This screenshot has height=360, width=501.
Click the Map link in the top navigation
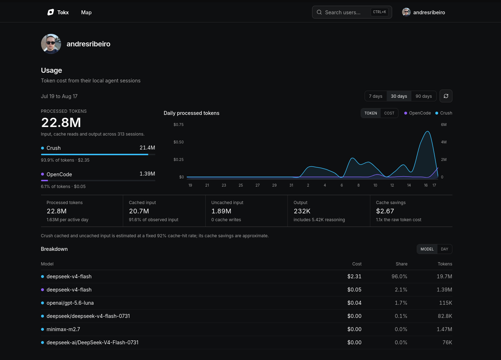[86, 12]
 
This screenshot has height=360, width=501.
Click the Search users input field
[352, 12]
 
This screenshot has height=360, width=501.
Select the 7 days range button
[376, 96]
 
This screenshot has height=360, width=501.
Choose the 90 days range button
[424, 96]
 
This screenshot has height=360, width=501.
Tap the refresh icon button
[446, 96]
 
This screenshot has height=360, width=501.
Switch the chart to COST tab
[389, 113]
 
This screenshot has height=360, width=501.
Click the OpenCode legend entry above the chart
[417, 113]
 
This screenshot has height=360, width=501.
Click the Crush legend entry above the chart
[444, 113]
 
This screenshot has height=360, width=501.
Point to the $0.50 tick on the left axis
[179, 142]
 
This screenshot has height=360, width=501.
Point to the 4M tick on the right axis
[444, 142]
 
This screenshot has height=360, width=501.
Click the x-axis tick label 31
[291, 185]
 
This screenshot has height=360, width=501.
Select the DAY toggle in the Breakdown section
[445, 249]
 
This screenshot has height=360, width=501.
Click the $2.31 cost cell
[354, 277]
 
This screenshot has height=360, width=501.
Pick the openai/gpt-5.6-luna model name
[70, 303]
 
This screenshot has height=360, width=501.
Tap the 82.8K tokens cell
[445, 316]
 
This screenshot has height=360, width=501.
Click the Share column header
[401, 264]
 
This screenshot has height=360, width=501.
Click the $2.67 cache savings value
[385, 211]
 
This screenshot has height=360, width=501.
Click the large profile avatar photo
[51, 44]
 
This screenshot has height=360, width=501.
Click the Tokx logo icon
[51, 12]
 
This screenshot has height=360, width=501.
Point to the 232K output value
[302, 211]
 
